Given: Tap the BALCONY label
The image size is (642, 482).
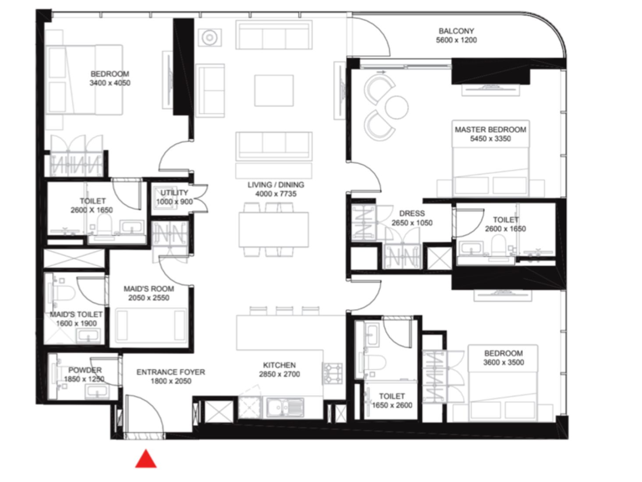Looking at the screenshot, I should click(x=456, y=31).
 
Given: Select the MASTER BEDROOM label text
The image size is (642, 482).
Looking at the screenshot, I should click(x=490, y=130).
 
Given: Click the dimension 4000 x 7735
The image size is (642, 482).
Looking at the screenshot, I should click(x=276, y=194).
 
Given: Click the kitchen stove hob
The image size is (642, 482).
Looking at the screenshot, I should click(x=333, y=372).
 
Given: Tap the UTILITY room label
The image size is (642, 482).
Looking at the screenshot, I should click(x=174, y=193).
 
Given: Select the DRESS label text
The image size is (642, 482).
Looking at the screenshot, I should click(x=412, y=213).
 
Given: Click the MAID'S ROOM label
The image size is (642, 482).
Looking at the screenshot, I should click(x=149, y=289).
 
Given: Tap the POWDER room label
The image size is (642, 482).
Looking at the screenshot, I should click(x=85, y=370).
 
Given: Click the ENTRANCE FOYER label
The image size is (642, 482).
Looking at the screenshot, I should click(x=170, y=372).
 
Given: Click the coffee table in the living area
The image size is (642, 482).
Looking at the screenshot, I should click(x=274, y=90).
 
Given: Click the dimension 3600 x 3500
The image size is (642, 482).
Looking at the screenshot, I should click(x=503, y=362).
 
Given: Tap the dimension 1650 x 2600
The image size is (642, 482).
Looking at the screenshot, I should click(x=392, y=405).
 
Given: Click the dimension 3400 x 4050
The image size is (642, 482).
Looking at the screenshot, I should click(x=110, y=83).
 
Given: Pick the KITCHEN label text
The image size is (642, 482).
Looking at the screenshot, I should click(x=279, y=365).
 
